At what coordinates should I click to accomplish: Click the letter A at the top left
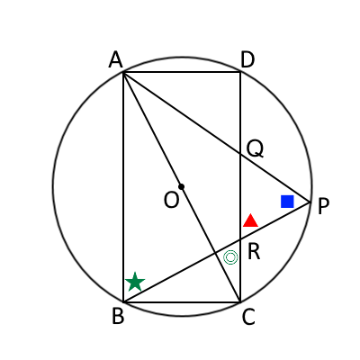(116, 59)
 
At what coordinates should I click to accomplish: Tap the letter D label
(247, 59)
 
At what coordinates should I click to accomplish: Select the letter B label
(118, 316)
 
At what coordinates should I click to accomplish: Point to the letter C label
(248, 317)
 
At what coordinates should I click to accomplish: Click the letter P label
(323, 206)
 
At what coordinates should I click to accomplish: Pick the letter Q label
(255, 149)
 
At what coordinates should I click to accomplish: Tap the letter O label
(172, 200)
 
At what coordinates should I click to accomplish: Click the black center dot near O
(181, 186)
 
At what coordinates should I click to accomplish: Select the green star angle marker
(135, 282)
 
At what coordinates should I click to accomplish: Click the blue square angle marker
(287, 202)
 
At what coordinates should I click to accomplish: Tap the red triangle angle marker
(250, 220)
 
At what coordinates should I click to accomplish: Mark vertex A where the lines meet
(123, 72)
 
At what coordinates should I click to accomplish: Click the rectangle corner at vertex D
(240, 72)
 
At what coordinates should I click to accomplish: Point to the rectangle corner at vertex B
(123, 301)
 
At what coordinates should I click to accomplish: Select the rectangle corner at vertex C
(240, 301)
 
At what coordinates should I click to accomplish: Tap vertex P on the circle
(310, 202)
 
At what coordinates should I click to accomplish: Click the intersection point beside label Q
(240, 154)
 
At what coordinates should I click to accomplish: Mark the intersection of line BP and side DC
(240, 239)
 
